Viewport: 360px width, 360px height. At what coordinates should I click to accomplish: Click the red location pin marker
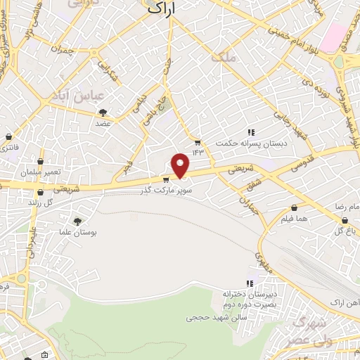click(x=181, y=164)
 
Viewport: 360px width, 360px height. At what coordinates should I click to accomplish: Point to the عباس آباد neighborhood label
click(x=82, y=94)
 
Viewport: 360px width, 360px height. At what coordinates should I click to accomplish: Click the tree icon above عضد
click(x=103, y=112)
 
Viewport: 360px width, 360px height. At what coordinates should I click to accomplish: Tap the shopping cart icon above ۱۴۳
click(x=198, y=141)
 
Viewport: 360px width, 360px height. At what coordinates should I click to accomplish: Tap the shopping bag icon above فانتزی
click(x=8, y=136)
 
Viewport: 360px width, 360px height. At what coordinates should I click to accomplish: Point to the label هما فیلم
click(x=295, y=220)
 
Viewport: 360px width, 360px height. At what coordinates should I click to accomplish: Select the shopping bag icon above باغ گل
click(x=343, y=219)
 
